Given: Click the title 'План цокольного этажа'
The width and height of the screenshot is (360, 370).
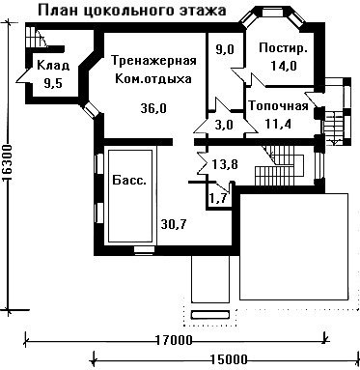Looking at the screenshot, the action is coord(132,11).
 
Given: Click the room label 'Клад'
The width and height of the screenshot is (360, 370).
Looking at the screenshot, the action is coord(53,66).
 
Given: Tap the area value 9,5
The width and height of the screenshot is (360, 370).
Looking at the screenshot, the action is coord(53,84).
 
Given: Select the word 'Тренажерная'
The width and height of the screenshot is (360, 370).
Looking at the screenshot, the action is coord(153,61).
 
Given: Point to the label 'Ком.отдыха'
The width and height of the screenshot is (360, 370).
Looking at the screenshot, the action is coord(152,79).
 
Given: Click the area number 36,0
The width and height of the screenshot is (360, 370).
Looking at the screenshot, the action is coord(153,108).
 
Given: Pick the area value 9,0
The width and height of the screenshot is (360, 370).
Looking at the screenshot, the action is coord(225,50).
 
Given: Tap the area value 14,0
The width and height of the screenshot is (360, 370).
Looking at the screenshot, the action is coord(284,66).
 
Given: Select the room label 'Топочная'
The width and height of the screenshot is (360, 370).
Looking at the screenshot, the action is coord(279,105).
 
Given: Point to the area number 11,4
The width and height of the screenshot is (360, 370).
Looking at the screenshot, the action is coord(278,124).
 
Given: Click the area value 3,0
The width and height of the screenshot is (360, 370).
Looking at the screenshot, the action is coord(224,125).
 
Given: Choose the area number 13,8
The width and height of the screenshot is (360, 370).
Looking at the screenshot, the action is coord(225,165).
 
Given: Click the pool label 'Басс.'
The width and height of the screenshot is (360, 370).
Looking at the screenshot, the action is coord(129,180).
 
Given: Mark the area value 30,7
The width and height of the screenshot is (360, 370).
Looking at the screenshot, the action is coord(174,223).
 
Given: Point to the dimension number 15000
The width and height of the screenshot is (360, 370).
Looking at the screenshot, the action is coord(229,359).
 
